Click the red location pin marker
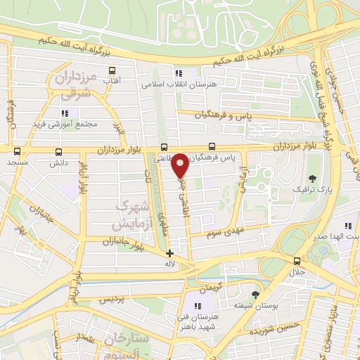(181, 165)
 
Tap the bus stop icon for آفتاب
(111, 71)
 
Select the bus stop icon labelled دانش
(57, 151)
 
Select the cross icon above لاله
(169, 253)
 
